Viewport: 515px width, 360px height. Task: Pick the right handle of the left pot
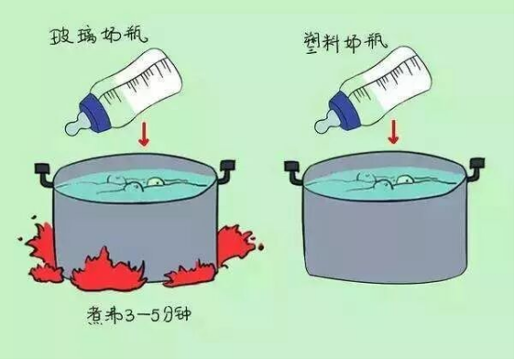[227, 170]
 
